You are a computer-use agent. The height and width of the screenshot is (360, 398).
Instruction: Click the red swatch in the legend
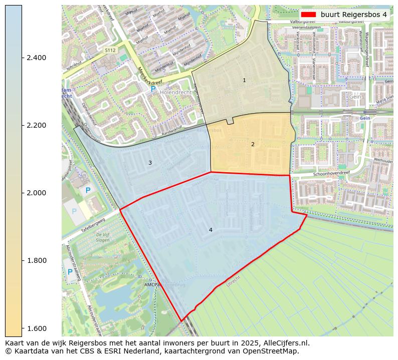[309, 15]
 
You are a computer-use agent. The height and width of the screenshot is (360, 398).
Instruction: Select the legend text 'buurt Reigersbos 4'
[354, 15]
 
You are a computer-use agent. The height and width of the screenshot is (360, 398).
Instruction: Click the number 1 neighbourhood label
[244, 80]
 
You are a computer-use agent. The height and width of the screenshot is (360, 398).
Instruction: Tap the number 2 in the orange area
[253, 144]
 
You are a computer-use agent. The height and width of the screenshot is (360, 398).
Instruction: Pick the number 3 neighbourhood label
[150, 163]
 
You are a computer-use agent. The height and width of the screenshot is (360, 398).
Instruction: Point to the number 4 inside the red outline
[211, 230]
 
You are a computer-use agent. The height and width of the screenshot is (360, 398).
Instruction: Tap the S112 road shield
[110, 51]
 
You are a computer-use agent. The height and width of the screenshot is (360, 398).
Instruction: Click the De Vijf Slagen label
[103, 237]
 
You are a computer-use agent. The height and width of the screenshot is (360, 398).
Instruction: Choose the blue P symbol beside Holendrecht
[153, 89]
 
